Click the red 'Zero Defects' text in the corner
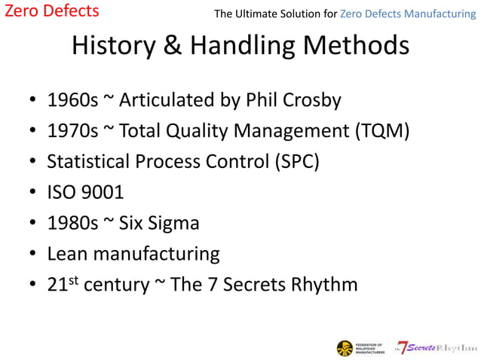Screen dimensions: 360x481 (x=51, y=11)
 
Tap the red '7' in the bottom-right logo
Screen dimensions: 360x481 (x=403, y=347)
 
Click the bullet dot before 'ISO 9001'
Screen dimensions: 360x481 (x=32, y=194)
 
